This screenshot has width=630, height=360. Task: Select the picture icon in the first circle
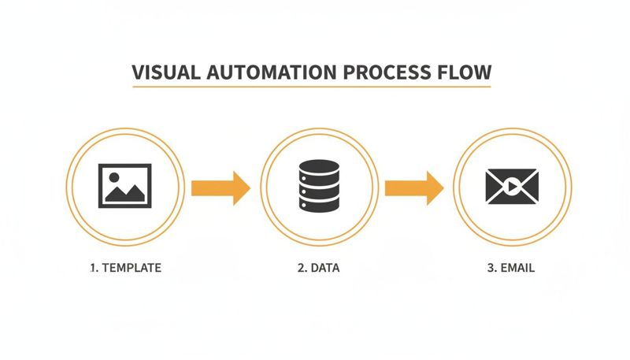pyautogui.click(x=124, y=186)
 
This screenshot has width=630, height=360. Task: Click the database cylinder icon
pyautogui.click(x=319, y=186)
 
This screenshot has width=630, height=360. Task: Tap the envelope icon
pyautogui.click(x=513, y=187)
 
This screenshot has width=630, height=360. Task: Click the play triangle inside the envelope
pyautogui.click(x=513, y=187)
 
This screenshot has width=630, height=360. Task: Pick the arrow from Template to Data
pyautogui.click(x=220, y=188)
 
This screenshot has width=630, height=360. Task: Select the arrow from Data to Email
pyautogui.click(x=413, y=188)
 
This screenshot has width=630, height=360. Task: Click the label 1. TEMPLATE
pyautogui.click(x=125, y=268)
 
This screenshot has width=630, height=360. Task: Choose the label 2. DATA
pyautogui.click(x=319, y=268)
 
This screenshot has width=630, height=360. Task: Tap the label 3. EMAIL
pyautogui.click(x=511, y=268)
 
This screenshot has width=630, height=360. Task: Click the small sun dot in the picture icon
pyautogui.click(x=112, y=178)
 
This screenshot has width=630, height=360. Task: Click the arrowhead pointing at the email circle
pyautogui.click(x=435, y=188)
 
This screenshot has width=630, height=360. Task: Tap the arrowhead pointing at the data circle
pyautogui.click(x=241, y=188)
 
